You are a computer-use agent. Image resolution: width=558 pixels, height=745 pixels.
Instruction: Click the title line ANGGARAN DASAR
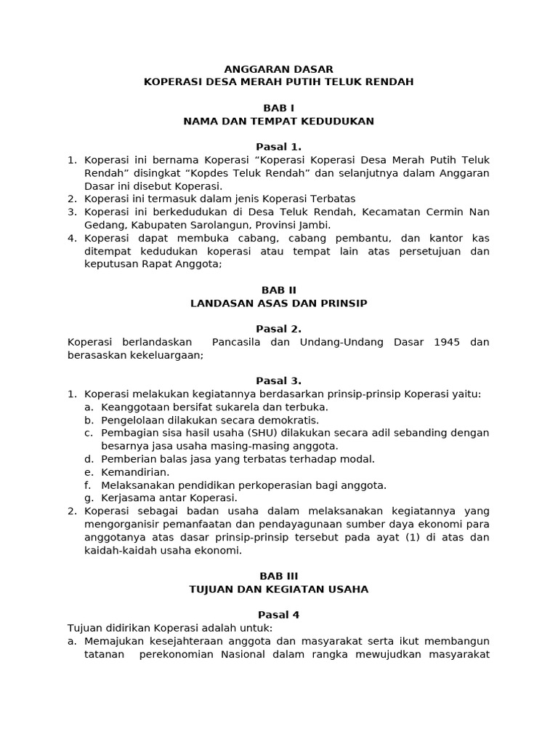click(x=278, y=69)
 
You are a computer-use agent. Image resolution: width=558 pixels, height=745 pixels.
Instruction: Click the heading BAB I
click(x=278, y=108)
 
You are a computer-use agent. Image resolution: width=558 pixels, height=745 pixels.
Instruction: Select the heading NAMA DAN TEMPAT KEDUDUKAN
click(x=278, y=121)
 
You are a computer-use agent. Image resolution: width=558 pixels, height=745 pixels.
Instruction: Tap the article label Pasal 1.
click(x=278, y=147)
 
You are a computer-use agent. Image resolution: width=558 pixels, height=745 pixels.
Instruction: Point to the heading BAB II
click(x=278, y=290)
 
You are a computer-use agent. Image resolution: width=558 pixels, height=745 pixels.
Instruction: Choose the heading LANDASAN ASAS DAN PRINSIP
click(x=278, y=303)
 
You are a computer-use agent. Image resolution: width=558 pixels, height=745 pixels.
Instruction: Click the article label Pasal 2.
click(x=278, y=329)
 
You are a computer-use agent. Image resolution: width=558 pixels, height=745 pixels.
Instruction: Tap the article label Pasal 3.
click(x=278, y=381)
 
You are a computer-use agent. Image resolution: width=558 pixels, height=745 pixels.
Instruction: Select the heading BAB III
click(x=278, y=576)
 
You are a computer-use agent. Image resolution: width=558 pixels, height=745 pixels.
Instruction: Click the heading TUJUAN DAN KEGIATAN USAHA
click(x=278, y=589)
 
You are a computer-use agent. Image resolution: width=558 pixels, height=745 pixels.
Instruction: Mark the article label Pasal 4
click(x=278, y=615)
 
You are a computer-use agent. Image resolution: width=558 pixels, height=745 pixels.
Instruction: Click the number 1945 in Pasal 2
click(x=445, y=342)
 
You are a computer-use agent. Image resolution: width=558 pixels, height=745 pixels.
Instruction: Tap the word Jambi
click(x=315, y=225)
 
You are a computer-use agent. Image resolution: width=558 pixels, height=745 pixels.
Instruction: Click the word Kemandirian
click(x=135, y=472)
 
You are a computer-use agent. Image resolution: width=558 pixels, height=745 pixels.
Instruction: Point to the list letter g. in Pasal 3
click(x=89, y=498)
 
